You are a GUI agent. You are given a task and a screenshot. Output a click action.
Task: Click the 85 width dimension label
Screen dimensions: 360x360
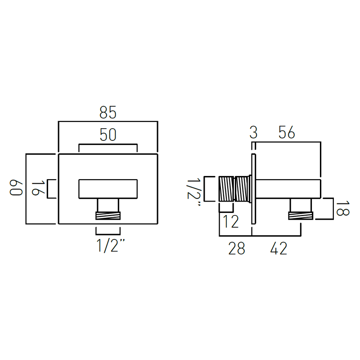click(108, 112)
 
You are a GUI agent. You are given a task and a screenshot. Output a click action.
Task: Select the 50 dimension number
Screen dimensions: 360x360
click(108, 135)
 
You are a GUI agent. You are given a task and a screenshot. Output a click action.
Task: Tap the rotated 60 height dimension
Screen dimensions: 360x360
click(16, 188)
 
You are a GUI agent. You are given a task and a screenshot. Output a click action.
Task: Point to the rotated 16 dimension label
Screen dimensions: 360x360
click(38, 189)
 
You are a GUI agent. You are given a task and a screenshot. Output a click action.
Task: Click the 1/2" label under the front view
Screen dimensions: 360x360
click(111, 246)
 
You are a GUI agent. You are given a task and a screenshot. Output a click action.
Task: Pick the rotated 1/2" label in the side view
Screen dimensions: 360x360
click(194, 193)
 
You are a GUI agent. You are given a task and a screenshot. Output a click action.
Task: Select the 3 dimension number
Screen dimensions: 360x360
click(253, 132)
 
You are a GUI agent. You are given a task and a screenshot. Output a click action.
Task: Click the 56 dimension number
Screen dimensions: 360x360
click(287, 132)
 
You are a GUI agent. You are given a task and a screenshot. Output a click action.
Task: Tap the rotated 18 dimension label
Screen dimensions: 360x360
click(342, 208)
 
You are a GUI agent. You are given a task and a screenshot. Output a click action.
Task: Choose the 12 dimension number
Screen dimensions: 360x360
click(230, 222)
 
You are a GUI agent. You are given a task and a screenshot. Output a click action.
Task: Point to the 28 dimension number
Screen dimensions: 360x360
click(237, 248)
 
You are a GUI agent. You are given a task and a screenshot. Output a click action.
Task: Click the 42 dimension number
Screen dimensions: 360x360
click(279, 248)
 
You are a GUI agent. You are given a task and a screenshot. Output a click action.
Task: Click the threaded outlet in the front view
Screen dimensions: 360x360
click(108, 216)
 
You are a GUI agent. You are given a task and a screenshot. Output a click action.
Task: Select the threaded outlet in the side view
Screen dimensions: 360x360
click(301, 216)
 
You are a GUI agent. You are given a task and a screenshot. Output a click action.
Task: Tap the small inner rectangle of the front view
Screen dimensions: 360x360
click(108, 189)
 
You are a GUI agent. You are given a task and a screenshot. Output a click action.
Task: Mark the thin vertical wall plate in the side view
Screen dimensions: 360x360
click(253, 189)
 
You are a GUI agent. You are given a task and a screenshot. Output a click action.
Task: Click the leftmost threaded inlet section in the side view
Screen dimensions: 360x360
click(226, 189)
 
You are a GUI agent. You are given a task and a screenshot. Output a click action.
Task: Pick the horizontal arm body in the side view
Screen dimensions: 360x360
click(288, 189)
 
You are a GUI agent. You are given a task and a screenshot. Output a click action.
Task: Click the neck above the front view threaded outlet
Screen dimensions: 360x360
click(108, 205)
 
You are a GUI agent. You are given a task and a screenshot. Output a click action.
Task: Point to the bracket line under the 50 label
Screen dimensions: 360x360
click(108, 144)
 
